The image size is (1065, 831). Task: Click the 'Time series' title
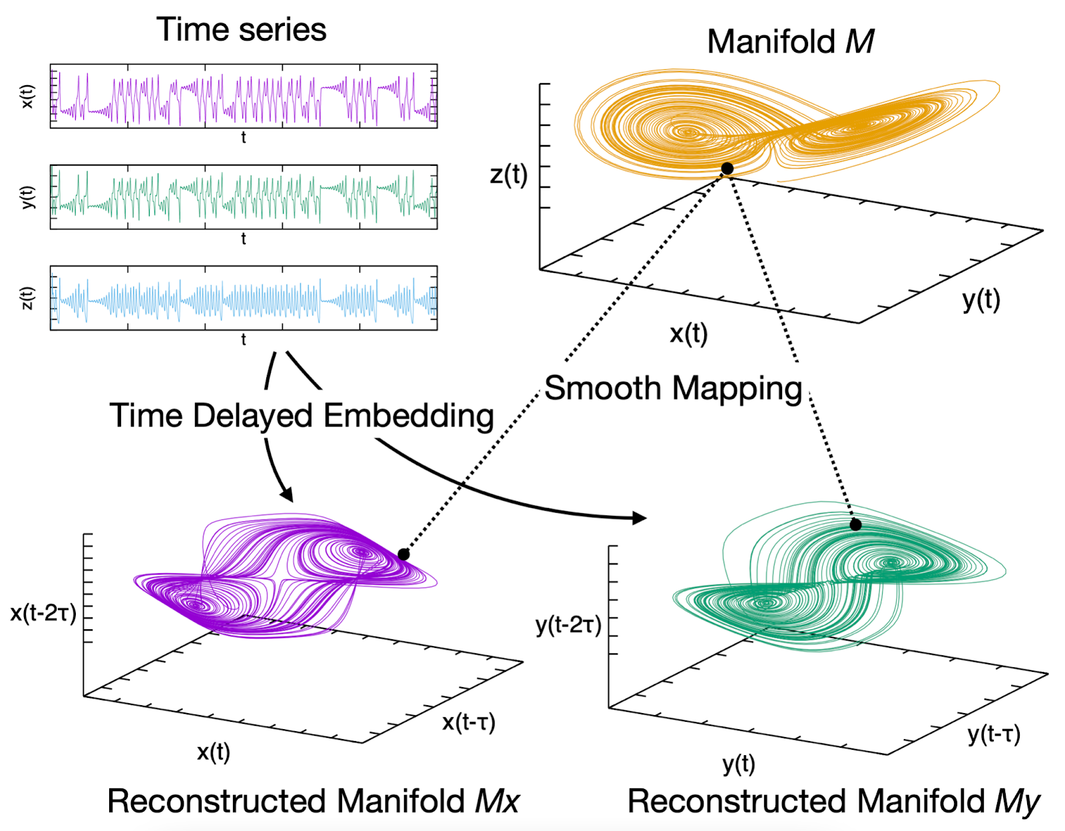[x=241, y=30]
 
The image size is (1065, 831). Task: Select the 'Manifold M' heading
[x=790, y=41]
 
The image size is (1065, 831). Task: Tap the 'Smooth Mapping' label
[x=673, y=388]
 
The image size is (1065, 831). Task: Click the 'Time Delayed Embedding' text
[x=302, y=415]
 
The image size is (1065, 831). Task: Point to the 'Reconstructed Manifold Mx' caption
[x=313, y=800]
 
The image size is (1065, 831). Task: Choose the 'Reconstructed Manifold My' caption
[x=833, y=800]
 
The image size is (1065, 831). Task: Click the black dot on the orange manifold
[x=728, y=168]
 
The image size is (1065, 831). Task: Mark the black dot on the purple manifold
[x=403, y=554]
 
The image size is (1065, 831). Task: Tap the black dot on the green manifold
[x=855, y=525]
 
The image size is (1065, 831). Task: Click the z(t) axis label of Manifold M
[x=509, y=175]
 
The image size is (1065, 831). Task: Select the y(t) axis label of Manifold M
[x=981, y=300]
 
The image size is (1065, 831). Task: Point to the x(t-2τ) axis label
[x=43, y=613]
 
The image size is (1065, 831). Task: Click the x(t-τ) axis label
[x=469, y=722]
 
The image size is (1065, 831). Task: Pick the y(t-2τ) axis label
[x=568, y=625]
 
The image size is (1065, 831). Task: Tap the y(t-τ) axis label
[x=994, y=734]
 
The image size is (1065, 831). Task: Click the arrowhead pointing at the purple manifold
[x=287, y=494]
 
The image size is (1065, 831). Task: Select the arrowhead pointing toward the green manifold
[x=639, y=517]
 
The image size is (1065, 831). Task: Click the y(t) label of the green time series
[x=27, y=197]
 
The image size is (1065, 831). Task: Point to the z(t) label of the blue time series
[x=27, y=298]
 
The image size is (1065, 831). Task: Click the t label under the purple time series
[x=244, y=138]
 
